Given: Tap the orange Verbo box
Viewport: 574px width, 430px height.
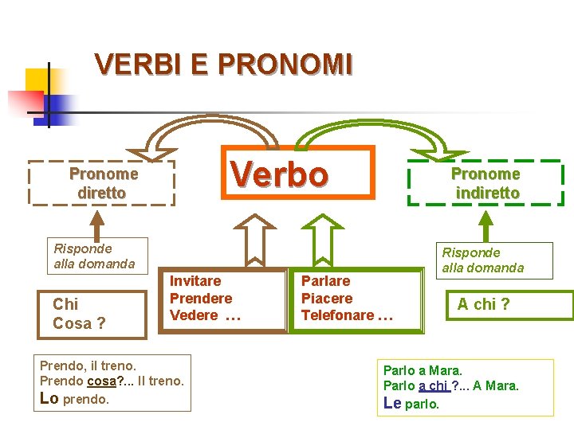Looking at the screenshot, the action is pos(279,172).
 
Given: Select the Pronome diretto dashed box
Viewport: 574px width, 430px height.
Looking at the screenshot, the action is pos(103,183).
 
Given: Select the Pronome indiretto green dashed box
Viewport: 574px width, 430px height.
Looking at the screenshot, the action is pos(486,183).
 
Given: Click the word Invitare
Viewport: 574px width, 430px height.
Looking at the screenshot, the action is pos(195,281).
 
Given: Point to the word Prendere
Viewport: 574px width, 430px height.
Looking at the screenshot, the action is pos(201,299).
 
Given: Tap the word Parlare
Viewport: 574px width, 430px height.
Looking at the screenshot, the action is pos(325,281).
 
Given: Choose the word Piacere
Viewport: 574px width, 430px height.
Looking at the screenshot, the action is pos(326,299).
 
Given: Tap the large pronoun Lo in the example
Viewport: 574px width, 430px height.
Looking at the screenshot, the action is pos(49,398).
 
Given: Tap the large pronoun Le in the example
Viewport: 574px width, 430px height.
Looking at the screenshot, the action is pos(392,403).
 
